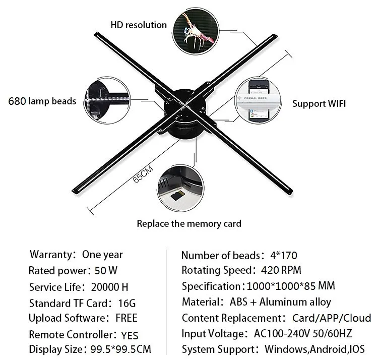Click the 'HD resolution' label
139,25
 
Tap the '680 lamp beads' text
42,101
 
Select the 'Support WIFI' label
319,104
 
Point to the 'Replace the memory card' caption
189,223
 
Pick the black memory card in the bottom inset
177,196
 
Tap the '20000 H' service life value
110,287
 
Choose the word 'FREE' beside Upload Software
126,318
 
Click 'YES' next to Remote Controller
130,335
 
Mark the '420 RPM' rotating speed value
281,270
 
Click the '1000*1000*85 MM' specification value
291,286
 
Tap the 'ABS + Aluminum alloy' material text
280,302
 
